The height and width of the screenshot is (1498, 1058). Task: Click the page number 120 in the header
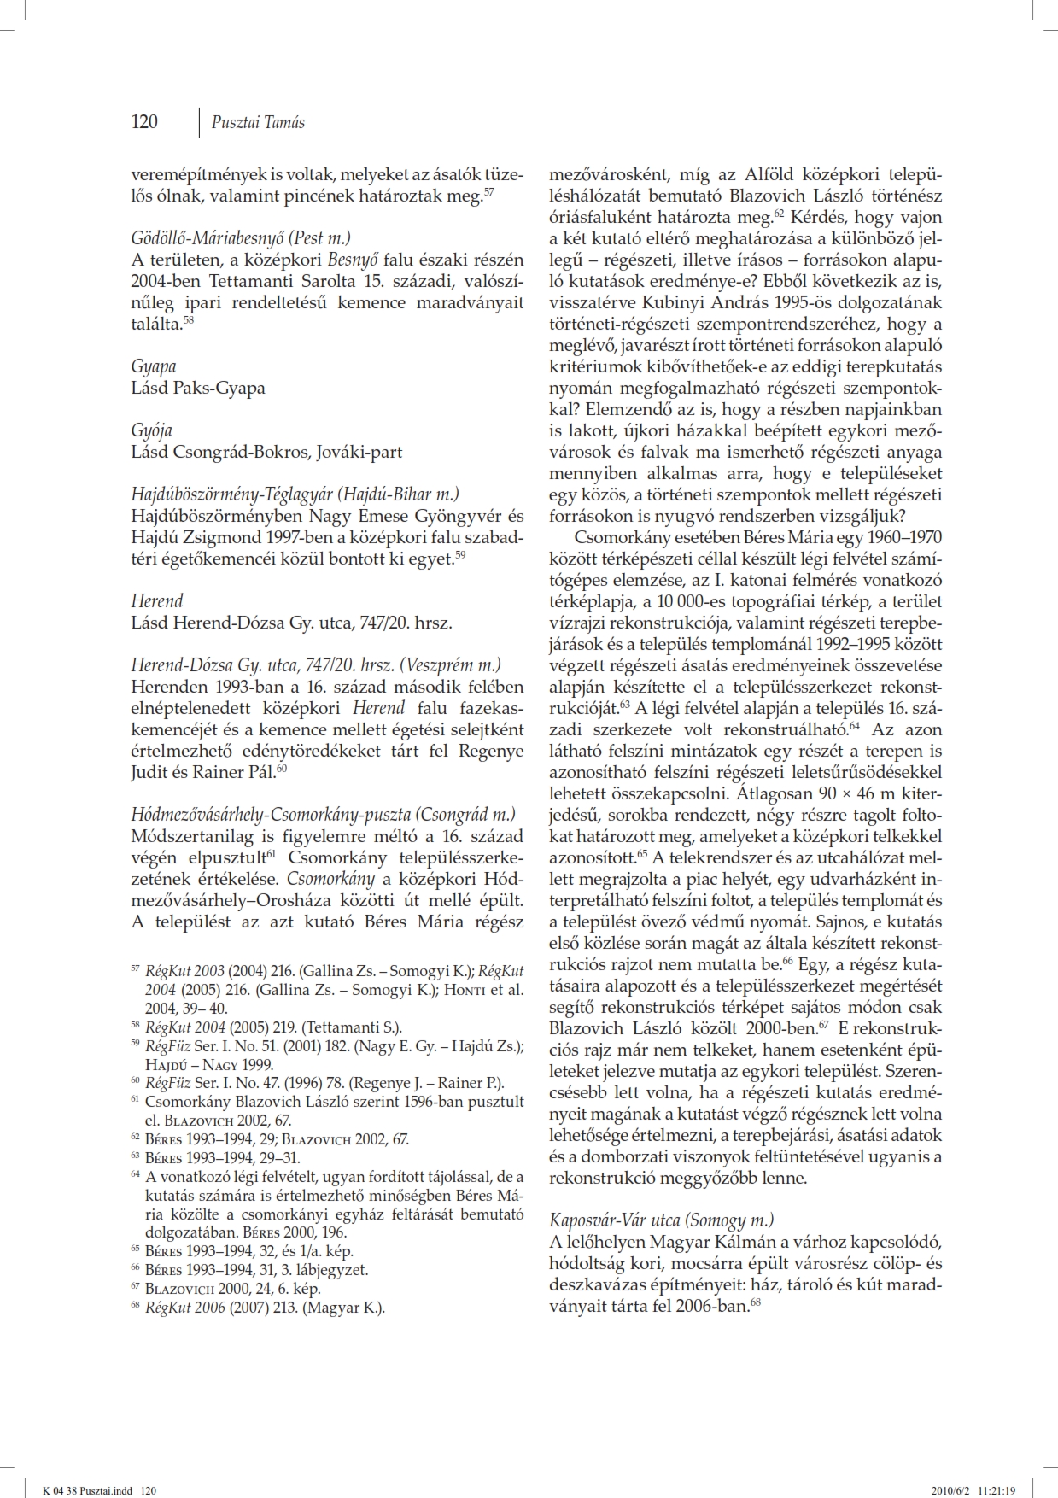click(x=144, y=122)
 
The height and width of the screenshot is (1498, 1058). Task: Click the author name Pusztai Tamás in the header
click(x=258, y=122)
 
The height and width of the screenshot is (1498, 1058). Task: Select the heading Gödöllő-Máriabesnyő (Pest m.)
click(x=241, y=238)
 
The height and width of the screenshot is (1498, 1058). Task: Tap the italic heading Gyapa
click(x=154, y=366)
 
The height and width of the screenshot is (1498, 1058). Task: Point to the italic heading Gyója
click(x=152, y=430)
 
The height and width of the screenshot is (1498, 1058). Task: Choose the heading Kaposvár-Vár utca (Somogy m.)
click(x=662, y=1220)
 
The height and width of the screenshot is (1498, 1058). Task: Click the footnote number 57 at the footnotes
click(x=135, y=970)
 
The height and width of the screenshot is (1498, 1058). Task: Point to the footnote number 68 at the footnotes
click(x=135, y=1307)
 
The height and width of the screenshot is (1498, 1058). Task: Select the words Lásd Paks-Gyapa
click(x=198, y=388)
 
